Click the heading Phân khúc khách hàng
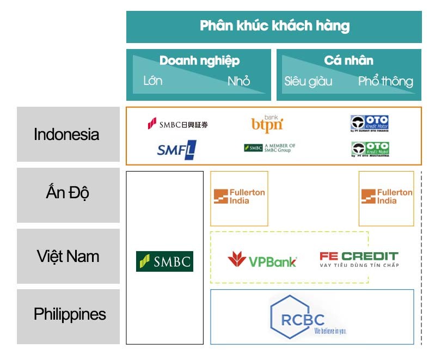pos(274,26)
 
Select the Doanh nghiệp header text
pos(199,60)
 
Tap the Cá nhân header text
pos(348,60)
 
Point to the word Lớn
pos(152,81)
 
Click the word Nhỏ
pos(238,81)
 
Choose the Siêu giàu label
pos(308,82)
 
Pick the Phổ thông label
pos(385,82)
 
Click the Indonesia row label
pos(66,134)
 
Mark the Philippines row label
pos(70,314)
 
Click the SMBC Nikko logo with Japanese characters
pos(177,124)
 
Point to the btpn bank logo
pos(267,124)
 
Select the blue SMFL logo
pos(176,149)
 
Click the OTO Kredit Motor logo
pos(369,123)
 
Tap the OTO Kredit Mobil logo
pos(370,149)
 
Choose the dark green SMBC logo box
pos(164,261)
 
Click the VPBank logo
pos(262,260)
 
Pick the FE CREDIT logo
pos(359,259)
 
